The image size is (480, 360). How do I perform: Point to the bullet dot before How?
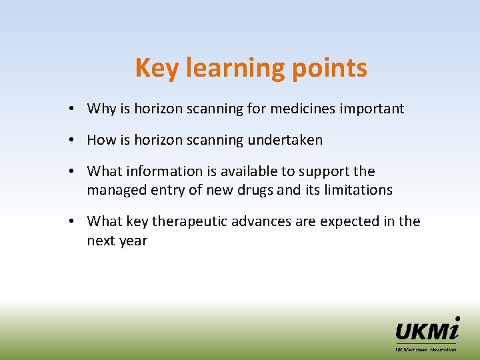click(78, 141)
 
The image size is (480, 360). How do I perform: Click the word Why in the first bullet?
click(101, 109)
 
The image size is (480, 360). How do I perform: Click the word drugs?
click(253, 190)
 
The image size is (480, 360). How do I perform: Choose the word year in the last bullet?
click(133, 241)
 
